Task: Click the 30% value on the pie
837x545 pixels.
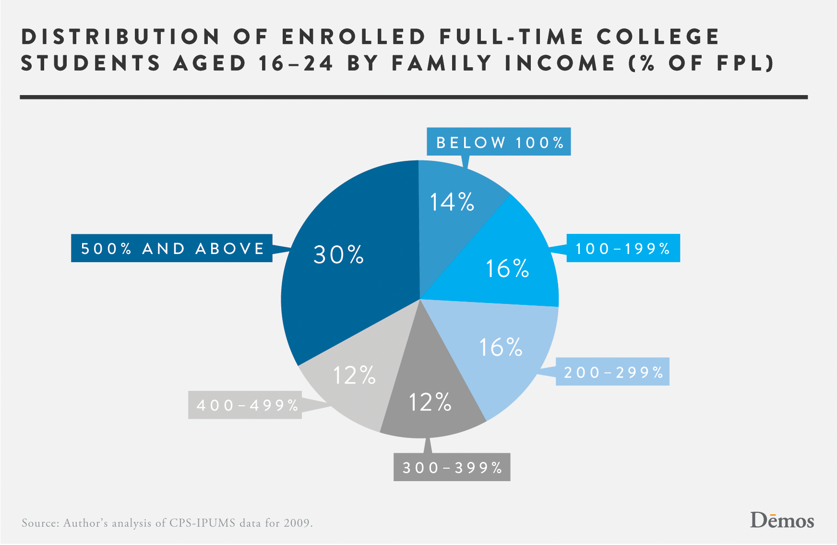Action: tap(338, 254)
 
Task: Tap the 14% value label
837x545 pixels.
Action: tap(452, 202)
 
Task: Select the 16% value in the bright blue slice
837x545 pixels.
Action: tap(507, 268)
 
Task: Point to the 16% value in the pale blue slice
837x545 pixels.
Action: tap(501, 347)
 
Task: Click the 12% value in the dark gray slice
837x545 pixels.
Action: tap(430, 402)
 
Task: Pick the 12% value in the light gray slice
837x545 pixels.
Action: tap(354, 375)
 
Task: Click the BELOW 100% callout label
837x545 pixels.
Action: tap(499, 142)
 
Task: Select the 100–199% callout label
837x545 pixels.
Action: tap(623, 248)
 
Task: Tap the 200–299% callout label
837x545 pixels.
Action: tap(613, 372)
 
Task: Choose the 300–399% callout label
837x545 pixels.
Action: tap(452, 467)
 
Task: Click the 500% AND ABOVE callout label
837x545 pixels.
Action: tap(172, 248)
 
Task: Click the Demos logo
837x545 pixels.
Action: tap(782, 521)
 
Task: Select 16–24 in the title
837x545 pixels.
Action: tap(295, 63)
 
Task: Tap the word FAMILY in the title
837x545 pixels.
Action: tap(442, 63)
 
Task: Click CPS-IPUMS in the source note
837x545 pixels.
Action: tap(202, 523)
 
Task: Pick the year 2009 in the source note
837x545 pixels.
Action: tap(297, 523)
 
